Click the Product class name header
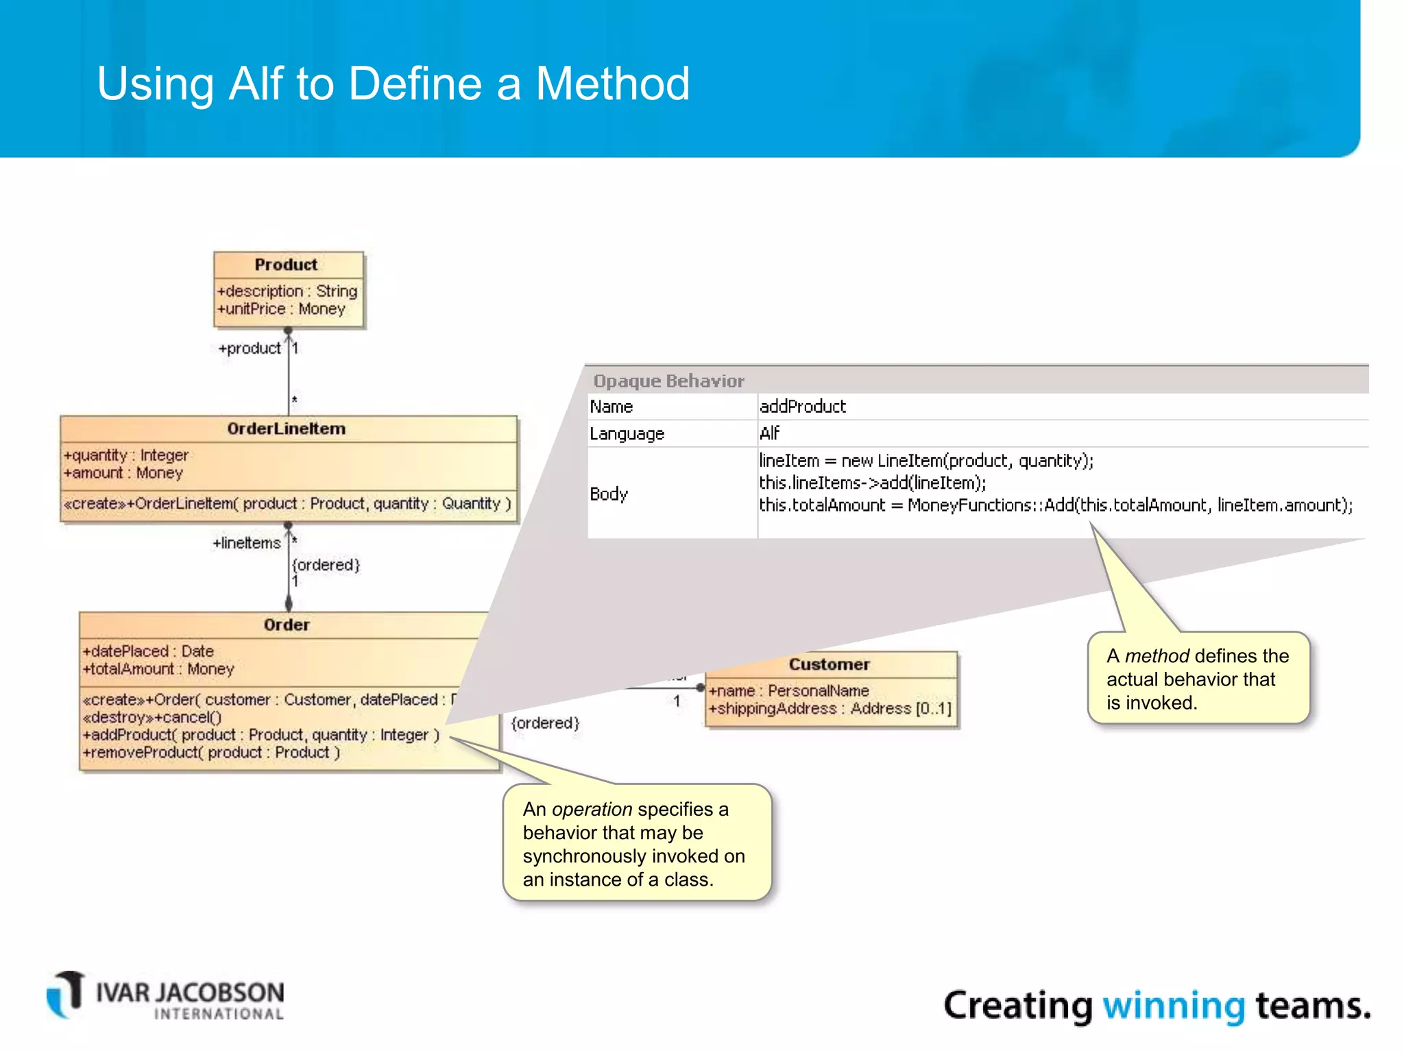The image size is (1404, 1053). point(286,265)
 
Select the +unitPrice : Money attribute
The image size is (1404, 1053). point(281,309)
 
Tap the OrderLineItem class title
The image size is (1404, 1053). point(286,428)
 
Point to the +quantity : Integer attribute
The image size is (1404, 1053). point(126,455)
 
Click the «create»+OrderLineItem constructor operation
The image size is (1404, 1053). point(287,503)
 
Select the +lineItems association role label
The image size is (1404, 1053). point(247,543)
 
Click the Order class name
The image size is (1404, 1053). point(286,625)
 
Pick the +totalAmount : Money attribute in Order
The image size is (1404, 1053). point(158,669)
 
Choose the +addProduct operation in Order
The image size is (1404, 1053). point(261,735)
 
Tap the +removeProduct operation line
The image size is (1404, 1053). point(211,753)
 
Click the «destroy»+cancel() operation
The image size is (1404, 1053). point(152,717)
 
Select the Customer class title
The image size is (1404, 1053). point(829,664)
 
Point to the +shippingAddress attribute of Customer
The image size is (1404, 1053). point(830,709)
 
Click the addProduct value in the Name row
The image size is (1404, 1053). point(802,407)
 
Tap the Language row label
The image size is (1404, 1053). point(627,434)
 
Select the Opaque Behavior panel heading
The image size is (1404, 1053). point(668,380)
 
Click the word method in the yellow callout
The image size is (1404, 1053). point(1157,656)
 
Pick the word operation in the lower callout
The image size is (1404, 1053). point(592,810)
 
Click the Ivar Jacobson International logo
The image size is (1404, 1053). point(165,996)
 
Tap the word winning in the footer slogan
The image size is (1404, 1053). point(1173,1006)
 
